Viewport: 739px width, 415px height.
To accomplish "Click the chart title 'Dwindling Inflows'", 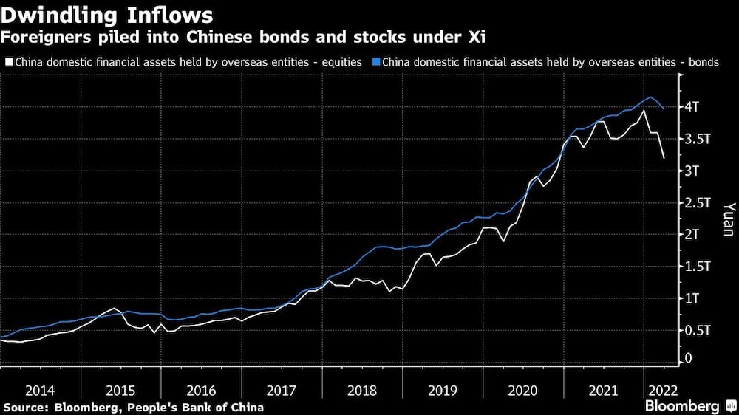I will click(x=109, y=15).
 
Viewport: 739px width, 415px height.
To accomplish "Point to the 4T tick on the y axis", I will click(x=698, y=107).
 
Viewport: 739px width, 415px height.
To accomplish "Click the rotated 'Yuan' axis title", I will click(x=727, y=219).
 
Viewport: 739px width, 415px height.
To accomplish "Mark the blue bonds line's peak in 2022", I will click(x=650, y=97).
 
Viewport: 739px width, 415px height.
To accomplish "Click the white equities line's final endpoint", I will click(x=664, y=158).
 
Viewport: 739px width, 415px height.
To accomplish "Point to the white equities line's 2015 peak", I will click(x=113, y=308).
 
